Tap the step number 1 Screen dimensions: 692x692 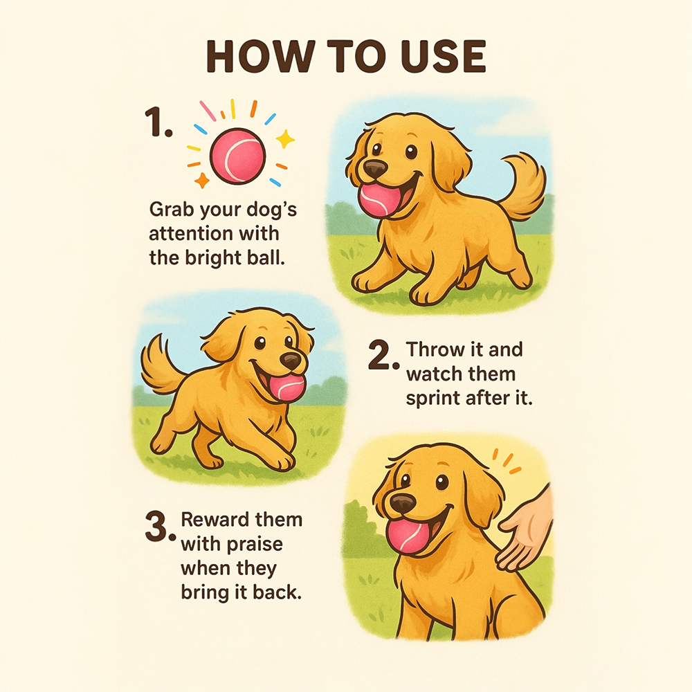click(x=158, y=122)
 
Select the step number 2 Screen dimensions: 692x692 click(x=383, y=356)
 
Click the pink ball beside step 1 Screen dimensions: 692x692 click(x=238, y=155)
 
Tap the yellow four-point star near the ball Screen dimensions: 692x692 click(x=285, y=138)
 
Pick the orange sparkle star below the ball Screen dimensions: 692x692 click(x=201, y=180)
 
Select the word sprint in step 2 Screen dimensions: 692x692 click(x=432, y=399)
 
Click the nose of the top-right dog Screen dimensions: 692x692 click(x=376, y=168)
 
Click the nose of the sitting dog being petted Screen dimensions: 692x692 click(x=403, y=504)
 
